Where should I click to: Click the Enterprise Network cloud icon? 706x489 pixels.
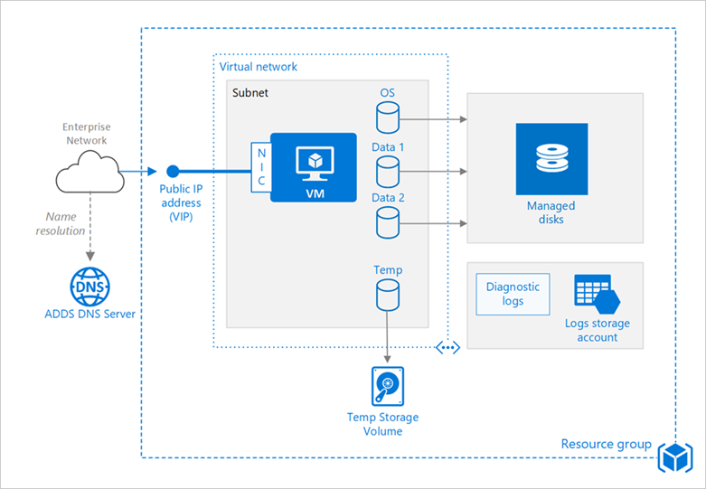[x=88, y=172]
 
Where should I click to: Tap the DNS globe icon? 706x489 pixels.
[x=88, y=287]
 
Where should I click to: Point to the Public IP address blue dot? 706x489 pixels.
[x=173, y=171]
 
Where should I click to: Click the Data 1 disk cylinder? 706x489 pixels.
[x=388, y=169]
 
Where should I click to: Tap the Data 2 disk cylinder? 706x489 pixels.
[x=388, y=221]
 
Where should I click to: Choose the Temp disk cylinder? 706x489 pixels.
[x=388, y=293]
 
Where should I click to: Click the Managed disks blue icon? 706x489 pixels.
[x=551, y=160]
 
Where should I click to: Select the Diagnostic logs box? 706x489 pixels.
[x=513, y=294]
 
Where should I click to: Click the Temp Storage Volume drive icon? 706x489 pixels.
[x=388, y=386]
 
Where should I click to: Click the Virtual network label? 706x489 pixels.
[x=259, y=67]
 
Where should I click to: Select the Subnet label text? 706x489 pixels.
[x=250, y=92]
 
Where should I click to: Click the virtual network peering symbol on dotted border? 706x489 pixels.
[x=448, y=347]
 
